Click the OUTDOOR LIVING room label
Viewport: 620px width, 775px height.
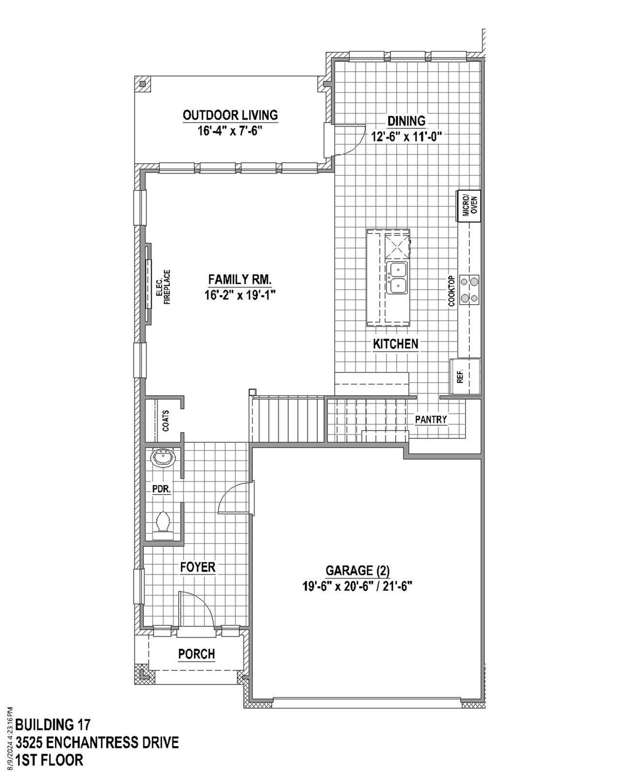click(x=230, y=115)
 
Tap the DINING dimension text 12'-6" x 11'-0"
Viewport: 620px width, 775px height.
click(x=408, y=137)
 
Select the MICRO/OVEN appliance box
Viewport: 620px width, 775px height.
click(x=469, y=205)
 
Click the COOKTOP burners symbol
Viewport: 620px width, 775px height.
click(x=469, y=289)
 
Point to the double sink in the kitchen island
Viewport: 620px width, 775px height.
click(x=397, y=278)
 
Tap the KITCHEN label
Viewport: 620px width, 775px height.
click(x=395, y=344)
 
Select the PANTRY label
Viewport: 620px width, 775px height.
click(x=431, y=419)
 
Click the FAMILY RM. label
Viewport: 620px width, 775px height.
click(x=240, y=279)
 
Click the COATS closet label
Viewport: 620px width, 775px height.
click(x=166, y=420)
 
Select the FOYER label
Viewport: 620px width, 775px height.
click(x=198, y=567)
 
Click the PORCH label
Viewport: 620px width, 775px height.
click(x=196, y=654)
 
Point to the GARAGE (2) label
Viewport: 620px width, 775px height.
click(x=357, y=570)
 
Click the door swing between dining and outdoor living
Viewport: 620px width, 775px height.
click(x=353, y=139)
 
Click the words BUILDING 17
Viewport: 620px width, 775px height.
click(x=53, y=725)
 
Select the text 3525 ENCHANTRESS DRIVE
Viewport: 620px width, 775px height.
click(x=97, y=742)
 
